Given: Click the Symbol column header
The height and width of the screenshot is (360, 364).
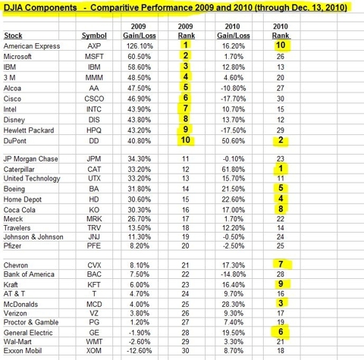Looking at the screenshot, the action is [94, 36].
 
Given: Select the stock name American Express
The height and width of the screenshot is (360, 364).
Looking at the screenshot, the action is [32, 46].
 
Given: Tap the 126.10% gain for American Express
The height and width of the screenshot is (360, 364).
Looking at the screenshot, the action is [140, 46].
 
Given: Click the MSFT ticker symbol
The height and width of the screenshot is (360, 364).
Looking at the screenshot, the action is [94, 56].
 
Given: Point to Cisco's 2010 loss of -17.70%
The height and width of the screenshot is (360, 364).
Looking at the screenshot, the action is [234, 99].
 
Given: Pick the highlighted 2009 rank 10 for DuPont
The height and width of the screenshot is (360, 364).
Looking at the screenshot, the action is [186, 139].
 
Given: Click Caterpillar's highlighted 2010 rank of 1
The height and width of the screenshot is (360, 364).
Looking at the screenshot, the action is [281, 168].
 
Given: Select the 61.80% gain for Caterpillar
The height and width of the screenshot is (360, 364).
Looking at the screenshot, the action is [234, 169].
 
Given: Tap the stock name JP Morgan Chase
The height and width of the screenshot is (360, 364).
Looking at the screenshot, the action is [30, 159].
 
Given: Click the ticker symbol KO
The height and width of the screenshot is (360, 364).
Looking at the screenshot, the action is [94, 210].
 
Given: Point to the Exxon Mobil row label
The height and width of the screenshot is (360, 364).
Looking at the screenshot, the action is [23, 351].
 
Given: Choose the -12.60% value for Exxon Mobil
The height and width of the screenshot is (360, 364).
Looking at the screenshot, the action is [140, 351].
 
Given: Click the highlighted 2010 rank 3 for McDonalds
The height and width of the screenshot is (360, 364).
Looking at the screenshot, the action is [281, 303].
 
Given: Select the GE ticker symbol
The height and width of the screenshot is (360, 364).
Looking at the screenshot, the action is [94, 333].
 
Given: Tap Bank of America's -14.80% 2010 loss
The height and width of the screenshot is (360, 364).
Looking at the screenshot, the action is [234, 274].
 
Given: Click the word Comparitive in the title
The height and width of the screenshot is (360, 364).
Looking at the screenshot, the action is [114, 8].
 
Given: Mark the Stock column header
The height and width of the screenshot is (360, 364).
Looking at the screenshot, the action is [13, 36].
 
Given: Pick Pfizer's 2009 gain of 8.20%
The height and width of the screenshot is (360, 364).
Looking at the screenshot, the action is [140, 246].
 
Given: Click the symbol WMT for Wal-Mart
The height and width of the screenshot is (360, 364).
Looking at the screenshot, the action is [94, 342].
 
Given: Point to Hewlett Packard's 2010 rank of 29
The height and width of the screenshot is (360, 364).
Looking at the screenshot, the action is [281, 130].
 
